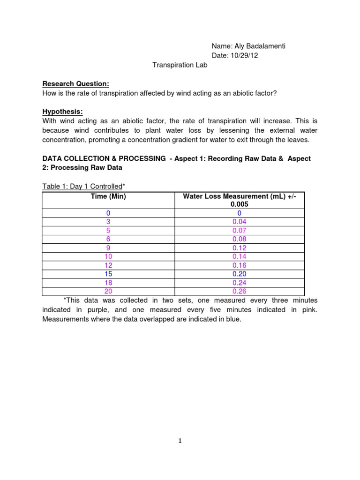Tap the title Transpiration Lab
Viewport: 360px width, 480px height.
click(180, 65)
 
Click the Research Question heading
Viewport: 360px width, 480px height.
click(75, 84)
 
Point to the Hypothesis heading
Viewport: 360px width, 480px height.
click(62, 112)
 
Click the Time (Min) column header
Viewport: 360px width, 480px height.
click(108, 196)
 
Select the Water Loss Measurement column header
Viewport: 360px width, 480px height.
click(239, 200)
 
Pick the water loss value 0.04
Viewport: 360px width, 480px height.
click(239, 222)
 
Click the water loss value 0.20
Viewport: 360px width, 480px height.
click(239, 274)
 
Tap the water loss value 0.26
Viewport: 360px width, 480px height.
click(239, 291)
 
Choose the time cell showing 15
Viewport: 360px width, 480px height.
click(108, 274)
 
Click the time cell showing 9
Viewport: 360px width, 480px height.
click(108, 248)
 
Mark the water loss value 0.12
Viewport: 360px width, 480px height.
click(239, 248)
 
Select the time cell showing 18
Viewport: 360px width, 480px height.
click(108, 283)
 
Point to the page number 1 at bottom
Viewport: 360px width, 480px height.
click(180, 441)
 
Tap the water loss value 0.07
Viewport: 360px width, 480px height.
click(239, 231)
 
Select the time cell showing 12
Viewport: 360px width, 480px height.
click(108, 265)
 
